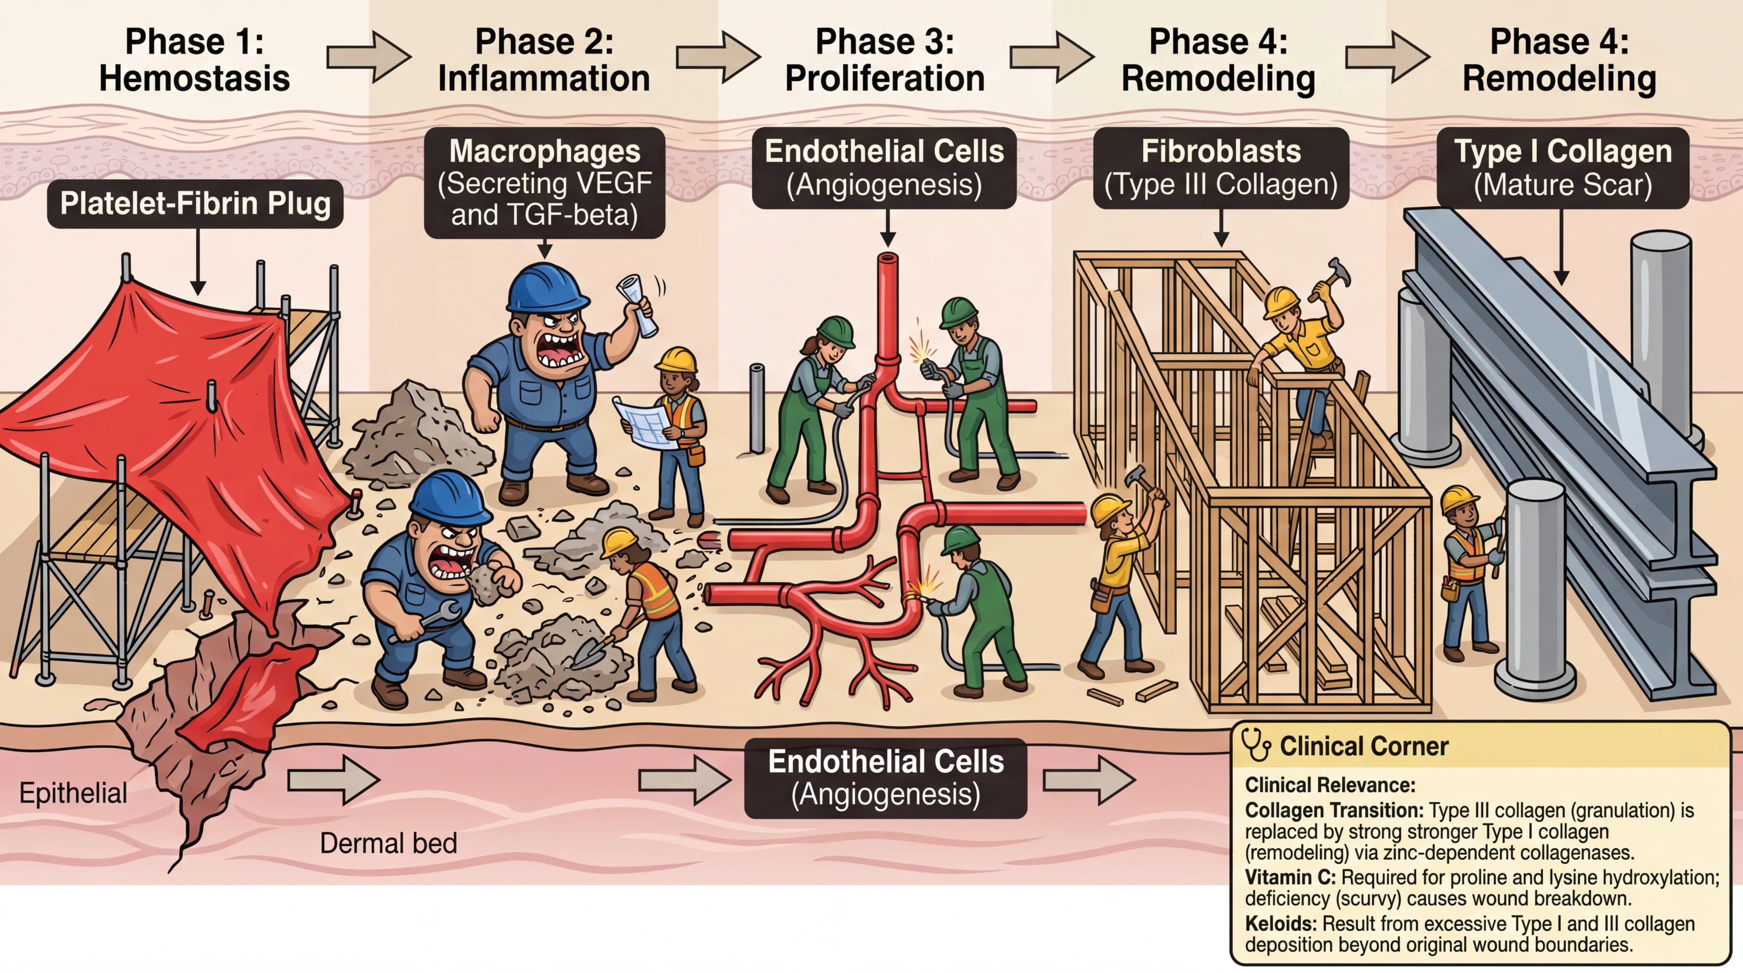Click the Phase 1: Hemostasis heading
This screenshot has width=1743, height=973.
tap(194, 60)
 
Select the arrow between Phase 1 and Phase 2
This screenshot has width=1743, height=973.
tap(369, 58)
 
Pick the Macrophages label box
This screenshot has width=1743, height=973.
tap(544, 183)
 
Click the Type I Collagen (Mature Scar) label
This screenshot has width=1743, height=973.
tap(1562, 168)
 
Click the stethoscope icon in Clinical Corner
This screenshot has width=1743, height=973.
tap(1256, 745)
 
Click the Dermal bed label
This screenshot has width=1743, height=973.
tap(389, 843)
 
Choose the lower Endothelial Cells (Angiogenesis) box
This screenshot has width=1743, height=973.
tap(885, 778)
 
